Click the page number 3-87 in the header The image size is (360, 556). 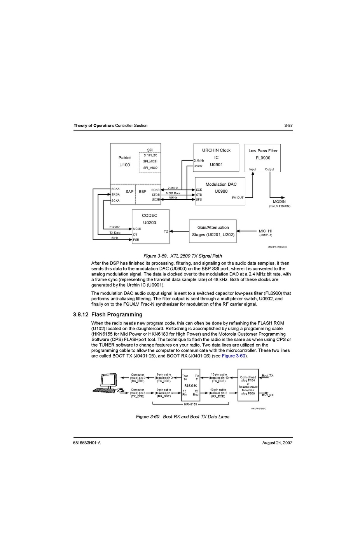pyautogui.click(x=288, y=125)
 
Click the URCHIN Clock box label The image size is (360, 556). pyautogui.click(x=216, y=150)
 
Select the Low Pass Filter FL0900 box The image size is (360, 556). pyautogui.click(x=262, y=158)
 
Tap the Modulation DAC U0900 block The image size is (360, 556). pyautogui.click(x=220, y=191)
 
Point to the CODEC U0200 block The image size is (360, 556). pyautogui.click(x=150, y=227)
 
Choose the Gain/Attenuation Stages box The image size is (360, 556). pyautogui.click(x=213, y=231)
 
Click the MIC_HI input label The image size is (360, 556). pyautogui.click(x=265, y=231)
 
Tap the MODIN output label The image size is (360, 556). pyautogui.click(x=279, y=202)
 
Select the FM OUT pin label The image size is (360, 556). pyautogui.click(x=238, y=198)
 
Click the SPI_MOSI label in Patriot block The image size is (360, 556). pyautogui.click(x=150, y=161)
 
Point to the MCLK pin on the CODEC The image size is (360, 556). pyautogui.click(x=137, y=229)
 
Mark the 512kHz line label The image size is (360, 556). pyautogui.click(x=114, y=227)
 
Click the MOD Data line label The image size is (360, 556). pyautogui.click(x=173, y=193)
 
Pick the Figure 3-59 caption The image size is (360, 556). pyautogui.click(x=182, y=256)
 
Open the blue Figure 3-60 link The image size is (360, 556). pyautogui.click(x=233, y=356)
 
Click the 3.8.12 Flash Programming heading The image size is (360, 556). pyautogui.click(x=108, y=314)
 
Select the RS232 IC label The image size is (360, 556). pyautogui.click(x=190, y=385)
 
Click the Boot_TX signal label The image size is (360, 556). pyautogui.click(x=267, y=376)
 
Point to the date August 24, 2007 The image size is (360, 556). pyautogui.click(x=277, y=443)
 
